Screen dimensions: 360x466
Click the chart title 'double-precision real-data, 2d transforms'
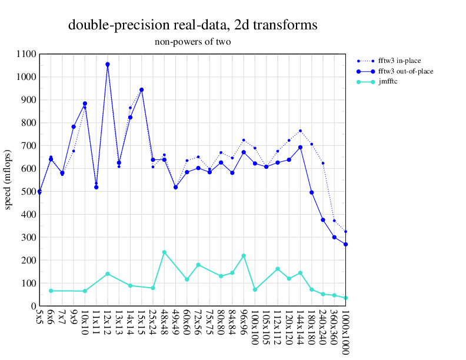tap(193, 25)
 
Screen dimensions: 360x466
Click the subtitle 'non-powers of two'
tap(193, 42)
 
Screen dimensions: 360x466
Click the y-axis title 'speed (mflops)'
tap(8, 180)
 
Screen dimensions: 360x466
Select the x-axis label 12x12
tap(108, 323)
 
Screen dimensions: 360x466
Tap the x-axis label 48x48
tap(164, 323)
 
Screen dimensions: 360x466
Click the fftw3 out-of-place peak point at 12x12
tap(108, 64)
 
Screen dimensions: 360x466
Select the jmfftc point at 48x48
tap(164, 252)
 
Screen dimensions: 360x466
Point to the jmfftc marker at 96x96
tap(244, 255)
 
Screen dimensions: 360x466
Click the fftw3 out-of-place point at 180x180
tap(311, 192)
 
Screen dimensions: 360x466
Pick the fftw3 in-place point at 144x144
tap(300, 131)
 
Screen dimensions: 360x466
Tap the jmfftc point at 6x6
tap(51, 291)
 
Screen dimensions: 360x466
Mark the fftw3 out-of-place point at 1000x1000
tap(345, 244)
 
